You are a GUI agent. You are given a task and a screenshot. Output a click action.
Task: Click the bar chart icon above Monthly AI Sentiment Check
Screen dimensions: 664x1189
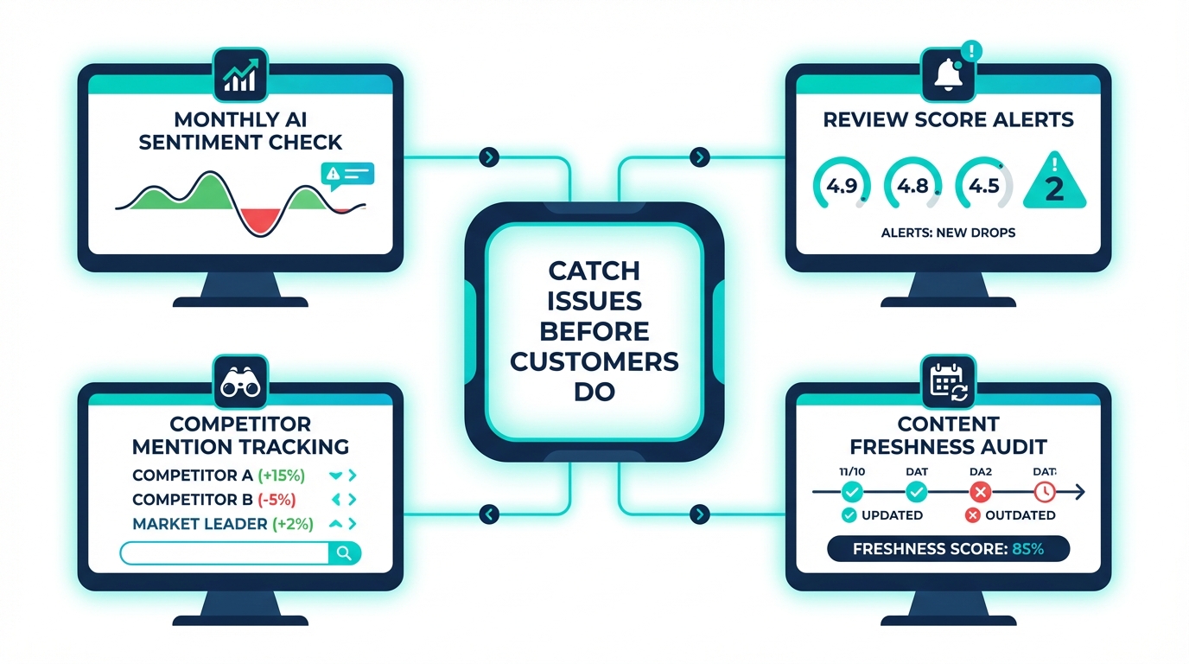click(x=239, y=73)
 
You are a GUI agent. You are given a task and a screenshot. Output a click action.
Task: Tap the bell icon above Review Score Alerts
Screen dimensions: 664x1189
click(x=948, y=75)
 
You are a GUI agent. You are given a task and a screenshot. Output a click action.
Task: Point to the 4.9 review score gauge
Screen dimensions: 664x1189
click(x=842, y=186)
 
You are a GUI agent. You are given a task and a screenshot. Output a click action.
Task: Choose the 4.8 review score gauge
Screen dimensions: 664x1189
click(x=912, y=186)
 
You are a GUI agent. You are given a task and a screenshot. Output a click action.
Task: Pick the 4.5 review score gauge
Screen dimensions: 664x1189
click(x=984, y=186)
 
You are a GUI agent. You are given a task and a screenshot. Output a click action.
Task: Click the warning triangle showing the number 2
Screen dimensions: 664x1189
click(x=1055, y=183)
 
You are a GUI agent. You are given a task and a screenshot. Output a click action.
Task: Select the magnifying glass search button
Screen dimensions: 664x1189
click(x=343, y=553)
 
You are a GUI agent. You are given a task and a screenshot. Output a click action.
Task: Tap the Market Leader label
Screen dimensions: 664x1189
click(x=199, y=524)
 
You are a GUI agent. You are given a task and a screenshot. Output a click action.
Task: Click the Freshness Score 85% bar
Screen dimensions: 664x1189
click(x=948, y=549)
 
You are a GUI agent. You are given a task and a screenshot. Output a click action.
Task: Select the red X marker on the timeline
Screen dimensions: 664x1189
click(x=980, y=492)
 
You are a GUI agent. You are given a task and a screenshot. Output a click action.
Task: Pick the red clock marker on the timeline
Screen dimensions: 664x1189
click(x=1045, y=492)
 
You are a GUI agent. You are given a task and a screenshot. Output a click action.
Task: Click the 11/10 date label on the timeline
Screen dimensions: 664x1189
click(x=851, y=472)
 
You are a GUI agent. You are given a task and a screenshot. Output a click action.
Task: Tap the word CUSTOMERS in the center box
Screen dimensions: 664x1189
click(x=594, y=361)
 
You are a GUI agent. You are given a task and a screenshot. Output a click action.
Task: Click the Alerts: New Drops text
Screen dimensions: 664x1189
click(x=948, y=233)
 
